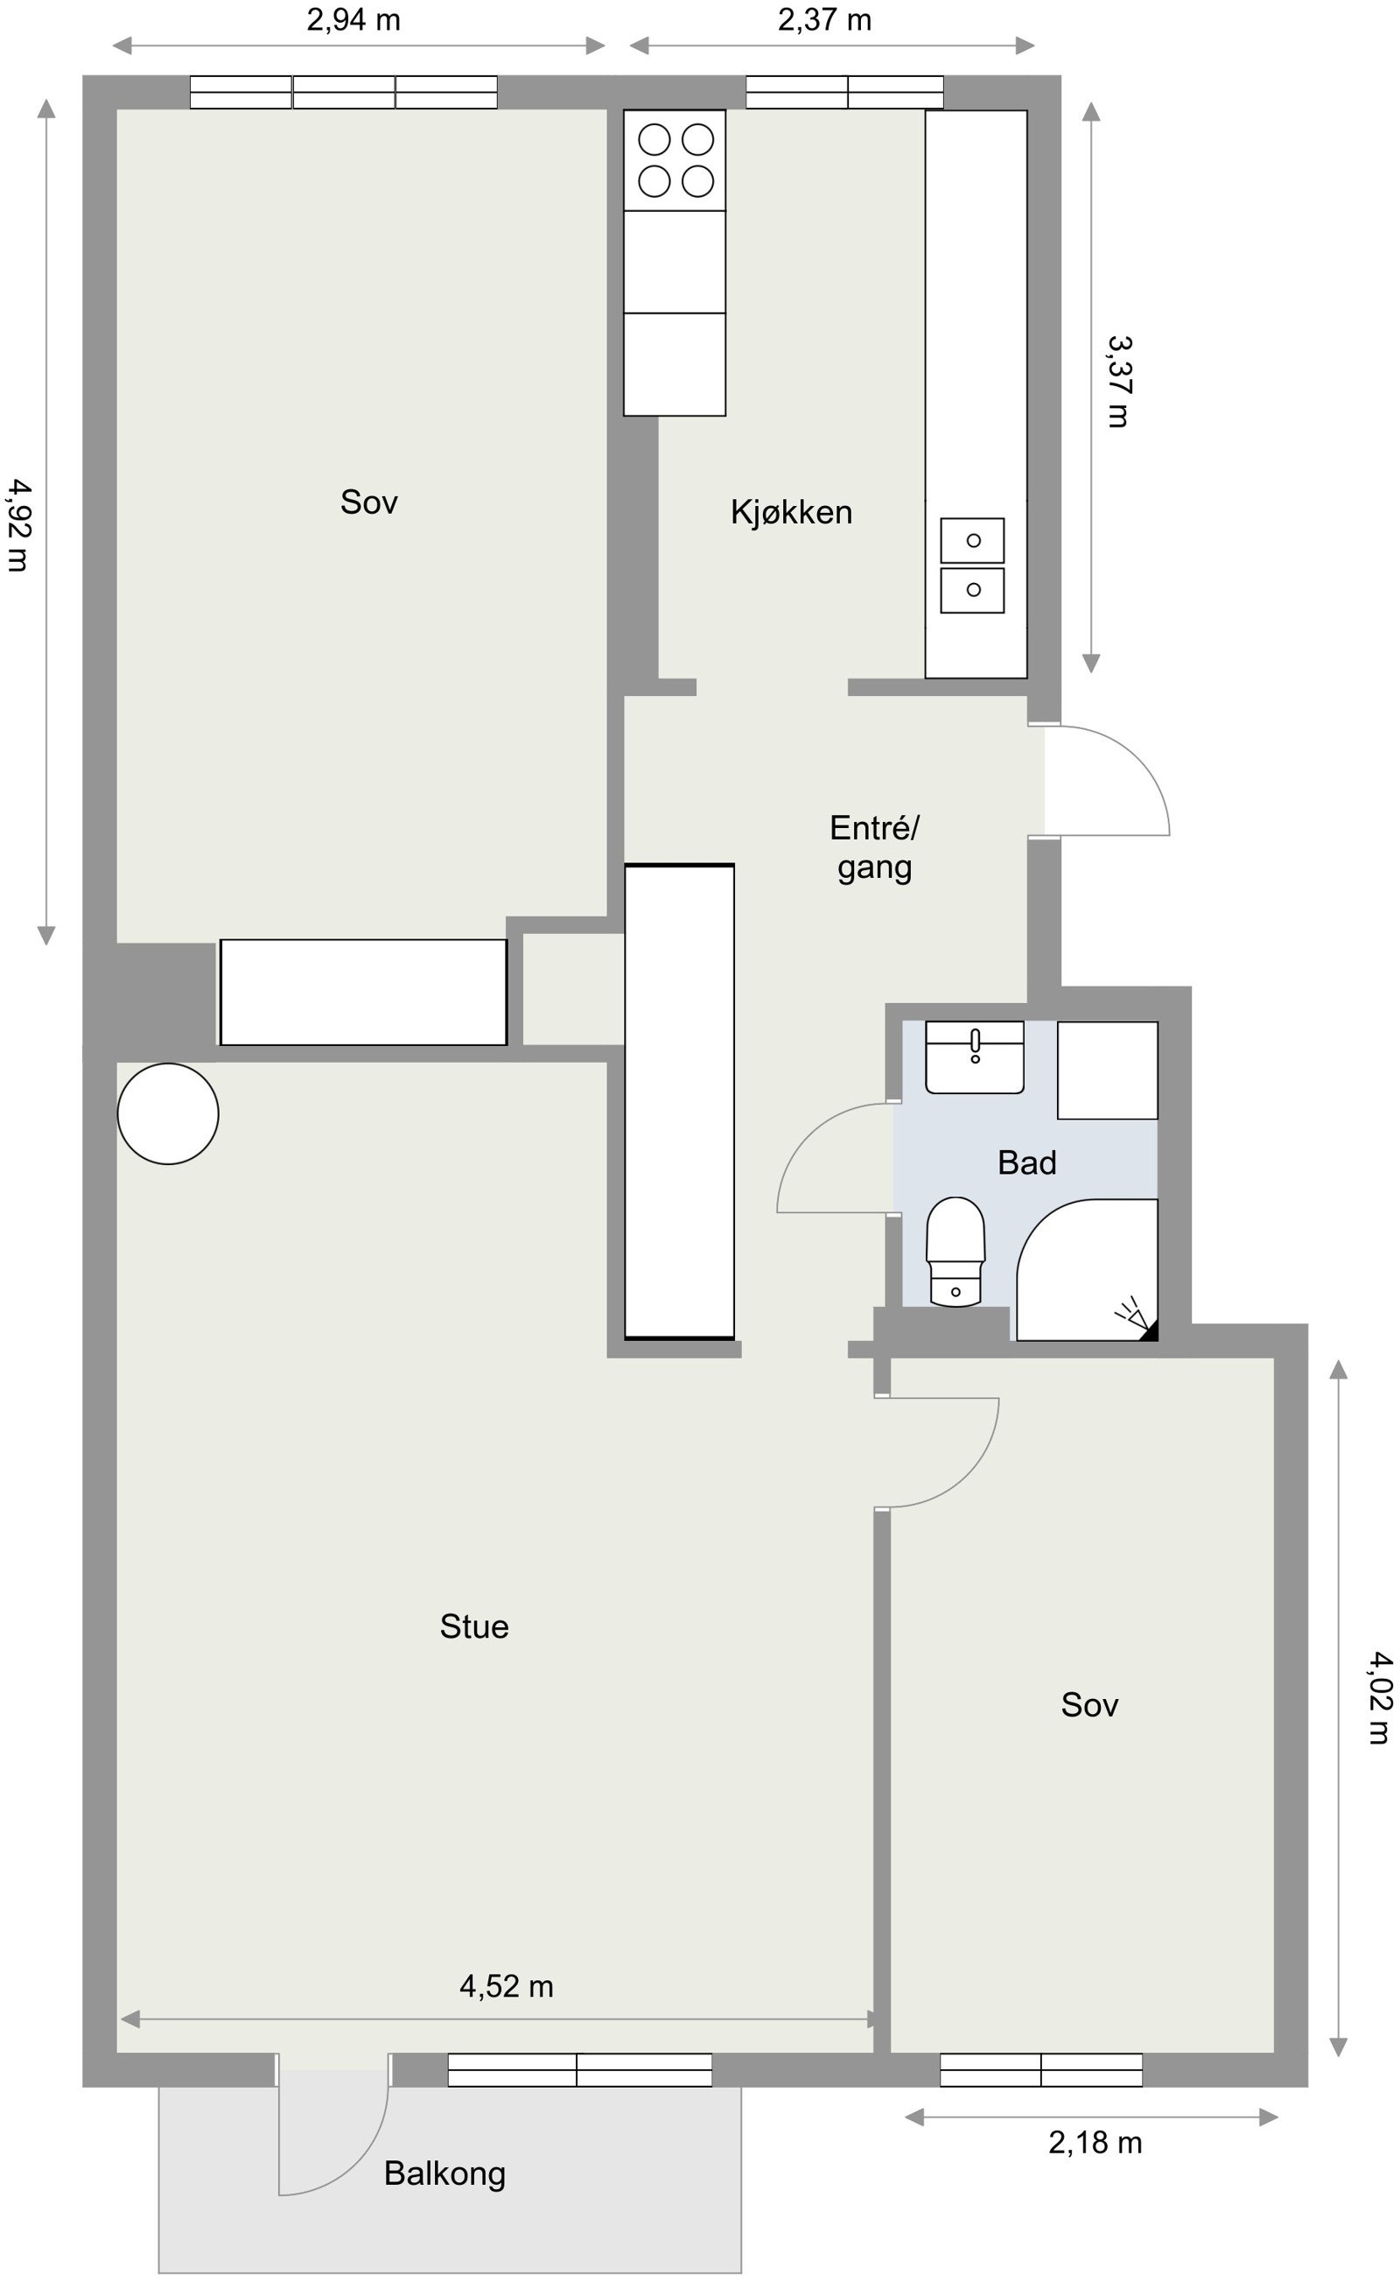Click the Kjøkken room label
[791, 512]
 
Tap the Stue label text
[474, 1626]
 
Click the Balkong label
[444, 2173]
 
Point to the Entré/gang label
[873, 847]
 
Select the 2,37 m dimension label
[824, 19]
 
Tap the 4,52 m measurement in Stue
[507, 1986]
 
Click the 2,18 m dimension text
[1095, 2142]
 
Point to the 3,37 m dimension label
[1119, 382]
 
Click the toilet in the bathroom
[955, 1250]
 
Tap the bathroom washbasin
[974, 1057]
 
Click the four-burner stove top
[675, 160]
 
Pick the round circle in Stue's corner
[168, 1113]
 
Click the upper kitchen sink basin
[972, 540]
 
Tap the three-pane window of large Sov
[344, 93]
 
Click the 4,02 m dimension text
[1378, 1697]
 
